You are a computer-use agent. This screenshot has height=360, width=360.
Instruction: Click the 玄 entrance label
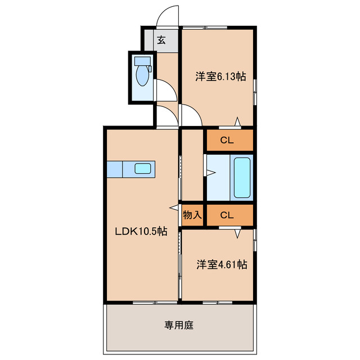click(x=161, y=40)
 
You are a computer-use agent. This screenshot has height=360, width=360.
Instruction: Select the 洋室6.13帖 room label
click(x=220, y=77)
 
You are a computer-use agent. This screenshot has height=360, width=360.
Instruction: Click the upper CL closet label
click(x=227, y=141)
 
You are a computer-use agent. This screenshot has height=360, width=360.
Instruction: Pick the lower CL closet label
click(x=227, y=214)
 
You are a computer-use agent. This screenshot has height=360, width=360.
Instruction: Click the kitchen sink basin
click(x=142, y=169)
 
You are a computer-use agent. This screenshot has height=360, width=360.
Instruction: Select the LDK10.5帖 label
click(x=141, y=231)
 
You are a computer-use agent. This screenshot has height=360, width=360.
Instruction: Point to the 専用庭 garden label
click(x=179, y=325)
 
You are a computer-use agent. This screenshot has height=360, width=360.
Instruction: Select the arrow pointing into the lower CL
click(x=238, y=232)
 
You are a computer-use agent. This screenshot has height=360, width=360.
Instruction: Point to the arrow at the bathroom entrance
click(x=209, y=174)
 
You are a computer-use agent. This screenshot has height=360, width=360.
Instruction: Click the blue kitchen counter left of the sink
click(x=115, y=169)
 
